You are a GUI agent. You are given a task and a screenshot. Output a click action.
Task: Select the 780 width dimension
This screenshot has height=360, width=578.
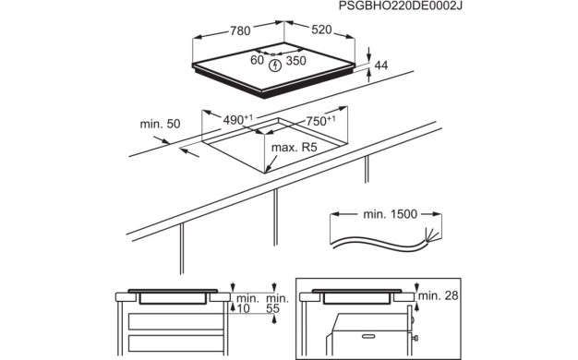click(x=239, y=31)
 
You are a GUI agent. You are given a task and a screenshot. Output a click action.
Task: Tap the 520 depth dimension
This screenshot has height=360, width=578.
click(x=320, y=31)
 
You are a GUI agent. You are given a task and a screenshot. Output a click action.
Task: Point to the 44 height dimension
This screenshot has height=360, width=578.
click(x=379, y=66)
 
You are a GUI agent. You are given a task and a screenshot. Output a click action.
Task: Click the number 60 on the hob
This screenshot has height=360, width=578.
click(x=258, y=61)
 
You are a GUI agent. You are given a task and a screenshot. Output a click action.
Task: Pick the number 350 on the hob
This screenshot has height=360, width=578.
click(x=295, y=61)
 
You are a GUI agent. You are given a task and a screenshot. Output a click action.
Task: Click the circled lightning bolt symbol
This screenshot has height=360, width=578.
click(x=275, y=64)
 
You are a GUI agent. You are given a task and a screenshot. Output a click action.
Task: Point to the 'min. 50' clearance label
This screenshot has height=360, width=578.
click(x=159, y=123)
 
